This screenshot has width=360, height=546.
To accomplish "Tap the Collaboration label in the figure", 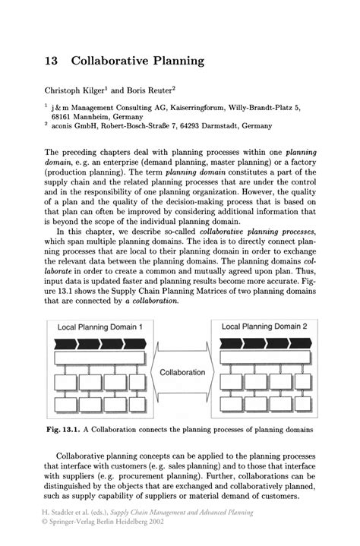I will (182, 372).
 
